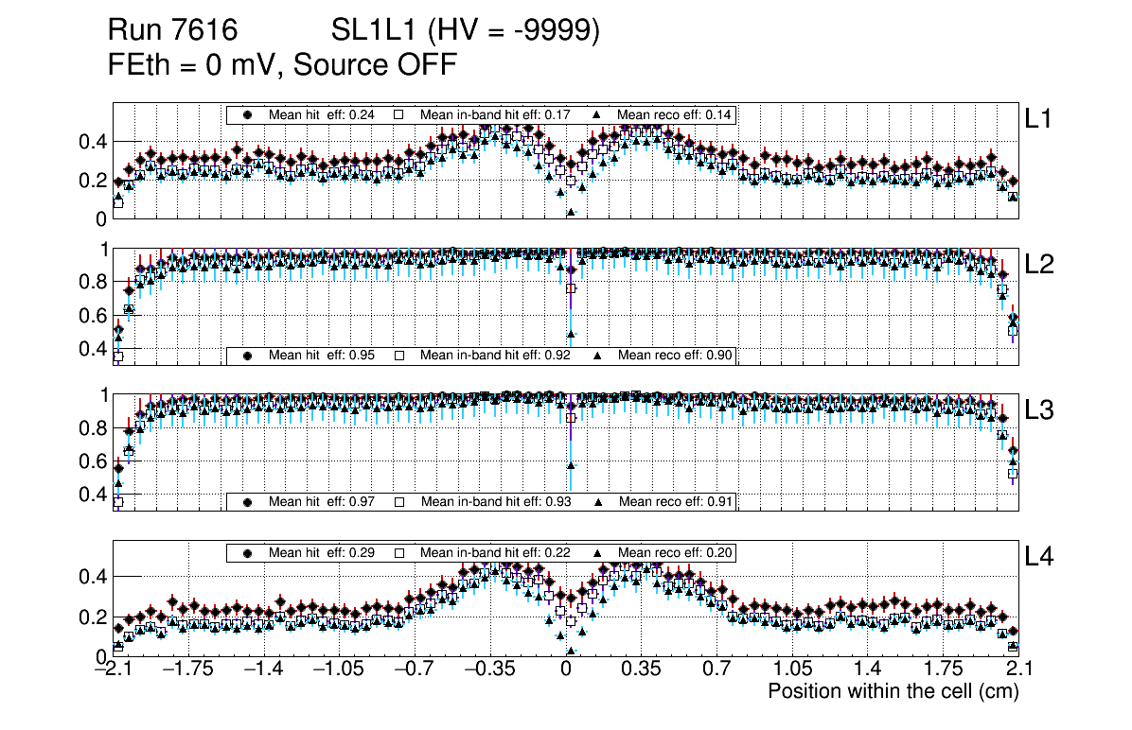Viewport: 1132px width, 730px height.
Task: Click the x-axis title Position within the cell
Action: click(x=893, y=691)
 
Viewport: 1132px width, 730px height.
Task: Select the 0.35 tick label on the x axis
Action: click(x=640, y=669)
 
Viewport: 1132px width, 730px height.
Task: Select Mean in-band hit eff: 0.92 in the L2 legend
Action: click(x=495, y=356)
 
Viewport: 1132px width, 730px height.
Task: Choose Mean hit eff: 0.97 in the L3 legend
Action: click(x=322, y=501)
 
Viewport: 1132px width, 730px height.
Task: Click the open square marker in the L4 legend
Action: click(x=399, y=552)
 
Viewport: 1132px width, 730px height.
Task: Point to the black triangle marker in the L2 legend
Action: click(x=599, y=356)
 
